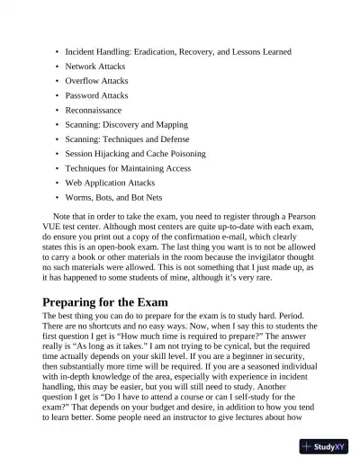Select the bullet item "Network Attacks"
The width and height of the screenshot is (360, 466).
95,67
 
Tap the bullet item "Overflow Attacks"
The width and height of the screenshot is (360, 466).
97,81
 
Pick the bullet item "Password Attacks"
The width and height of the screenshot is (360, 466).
97,95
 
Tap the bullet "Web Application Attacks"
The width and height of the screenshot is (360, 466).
110,182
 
